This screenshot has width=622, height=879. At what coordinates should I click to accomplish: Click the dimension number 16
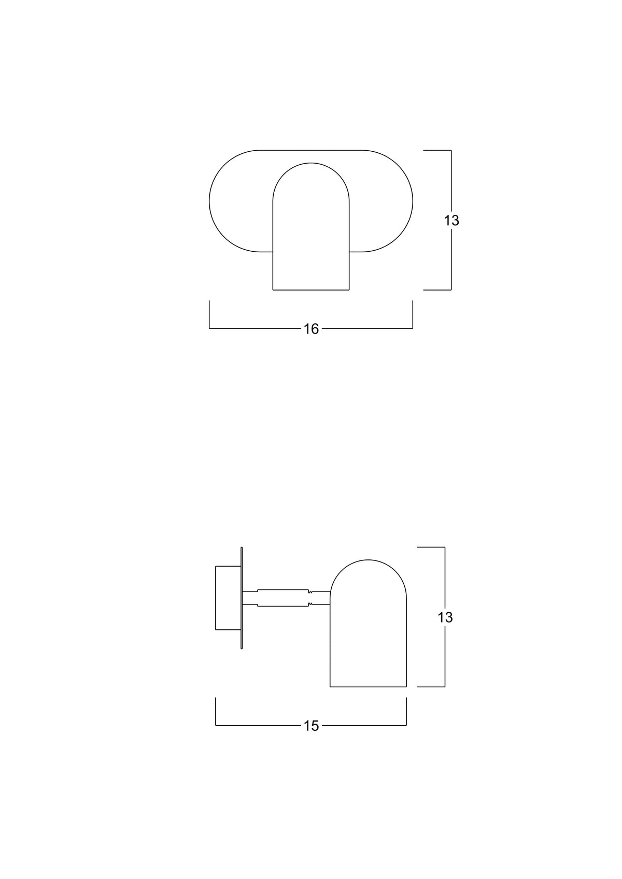click(x=311, y=329)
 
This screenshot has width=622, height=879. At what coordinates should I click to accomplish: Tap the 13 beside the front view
click(x=451, y=221)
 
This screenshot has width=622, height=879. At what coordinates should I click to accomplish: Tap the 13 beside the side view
click(x=445, y=617)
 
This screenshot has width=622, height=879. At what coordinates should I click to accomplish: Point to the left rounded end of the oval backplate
click(x=209, y=201)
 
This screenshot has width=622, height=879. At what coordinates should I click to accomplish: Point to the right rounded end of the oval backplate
click(x=413, y=201)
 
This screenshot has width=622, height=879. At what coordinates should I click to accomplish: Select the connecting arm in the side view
click(x=287, y=598)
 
